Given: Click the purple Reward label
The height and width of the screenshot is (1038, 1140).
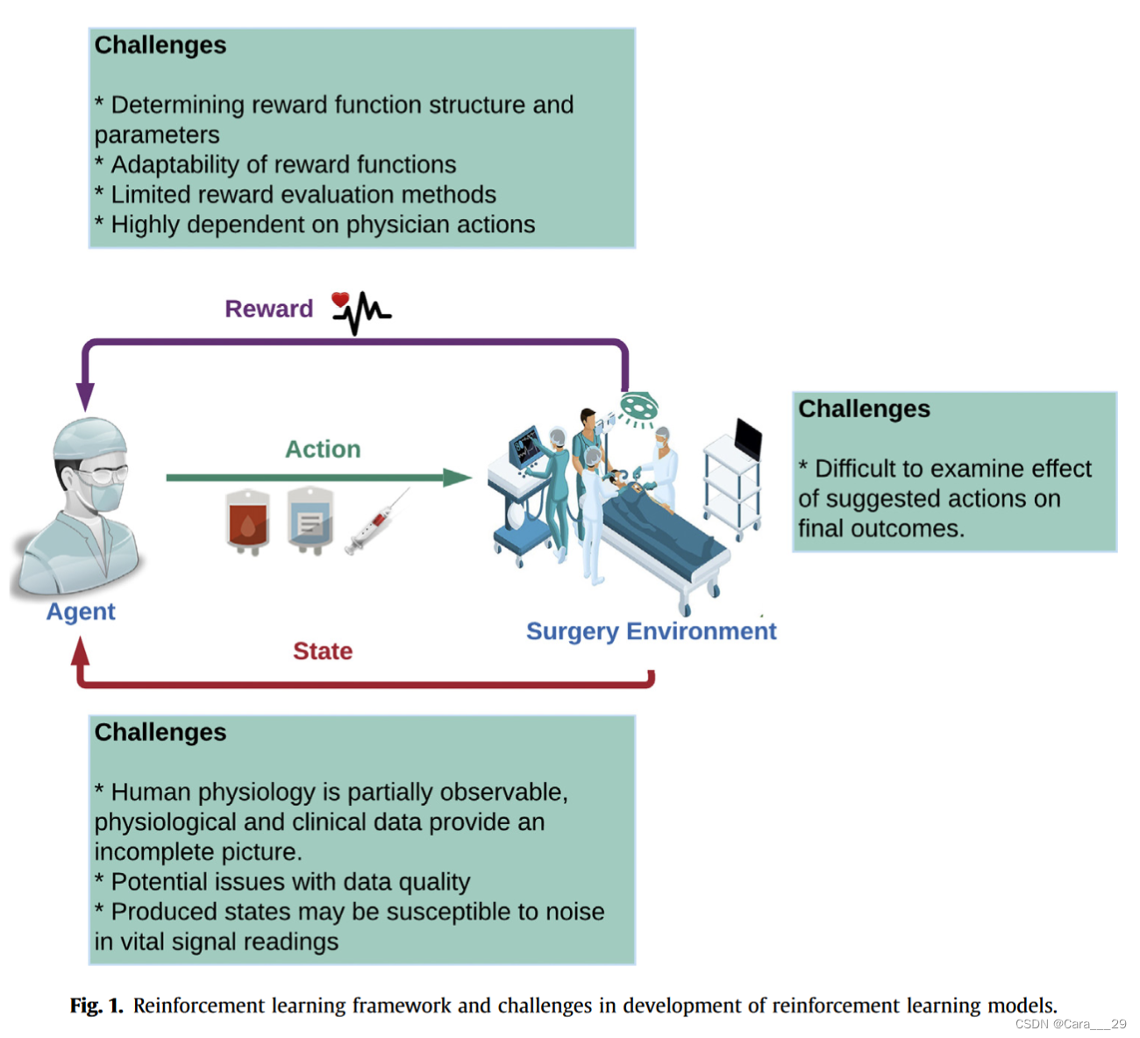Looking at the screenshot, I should (268, 309).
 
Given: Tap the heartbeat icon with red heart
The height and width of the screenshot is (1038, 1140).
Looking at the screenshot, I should (360, 312).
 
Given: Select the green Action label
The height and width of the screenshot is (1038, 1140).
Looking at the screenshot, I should (323, 449).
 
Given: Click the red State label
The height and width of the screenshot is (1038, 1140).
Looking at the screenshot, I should (323, 651).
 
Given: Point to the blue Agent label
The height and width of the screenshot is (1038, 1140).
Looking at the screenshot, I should (81, 611).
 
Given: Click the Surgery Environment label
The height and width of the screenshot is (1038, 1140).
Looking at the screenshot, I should (651, 631).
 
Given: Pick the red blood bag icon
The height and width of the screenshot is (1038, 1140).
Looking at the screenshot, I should (247, 522).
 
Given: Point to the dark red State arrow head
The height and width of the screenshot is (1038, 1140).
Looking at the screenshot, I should (81, 650).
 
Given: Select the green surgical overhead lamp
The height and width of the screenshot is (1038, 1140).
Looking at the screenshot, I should (639, 407).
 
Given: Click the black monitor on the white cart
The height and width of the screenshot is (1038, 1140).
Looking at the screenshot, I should (747, 438).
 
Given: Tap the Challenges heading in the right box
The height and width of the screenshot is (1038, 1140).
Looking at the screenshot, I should (864, 409).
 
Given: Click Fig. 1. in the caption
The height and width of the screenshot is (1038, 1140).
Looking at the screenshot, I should (96, 1005).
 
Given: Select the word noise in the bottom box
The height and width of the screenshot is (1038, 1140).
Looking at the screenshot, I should (574, 912).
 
